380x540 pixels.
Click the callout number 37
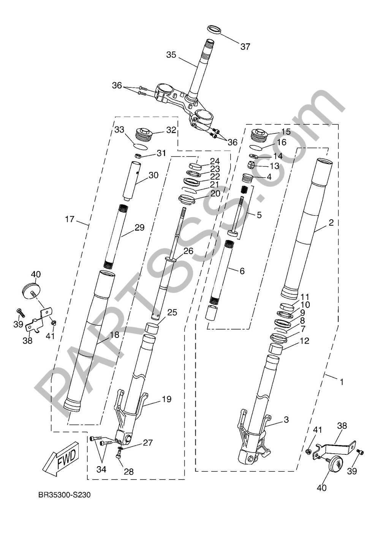click(245, 46)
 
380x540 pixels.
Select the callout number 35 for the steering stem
click(171, 55)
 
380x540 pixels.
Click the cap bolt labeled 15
click(259, 136)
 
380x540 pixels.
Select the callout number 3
click(286, 420)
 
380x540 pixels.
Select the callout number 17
click(70, 220)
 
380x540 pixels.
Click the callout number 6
click(242, 271)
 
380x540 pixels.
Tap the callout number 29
click(139, 227)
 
